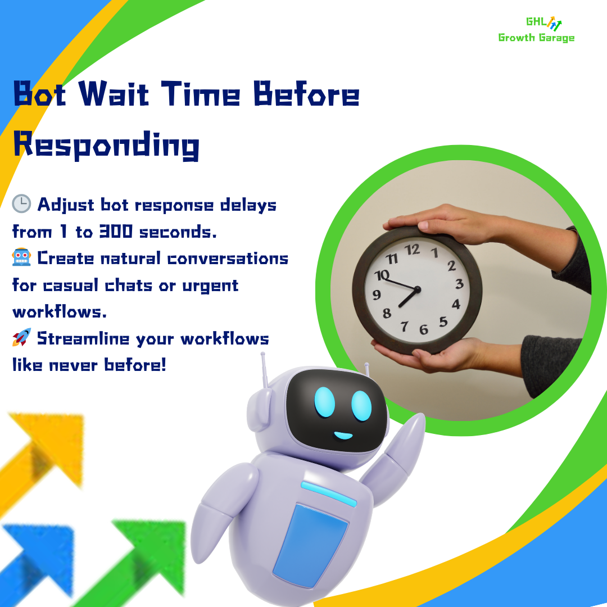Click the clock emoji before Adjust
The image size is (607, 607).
(21, 205)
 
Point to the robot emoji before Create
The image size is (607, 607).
(21, 258)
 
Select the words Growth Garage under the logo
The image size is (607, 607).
(536, 38)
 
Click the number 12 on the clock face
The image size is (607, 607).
(413, 250)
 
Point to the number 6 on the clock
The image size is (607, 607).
(423, 330)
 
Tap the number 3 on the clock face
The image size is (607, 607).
(459, 284)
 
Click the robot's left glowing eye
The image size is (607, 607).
(324, 402)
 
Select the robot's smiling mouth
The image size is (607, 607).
(343, 435)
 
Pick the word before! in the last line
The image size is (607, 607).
(135, 365)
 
